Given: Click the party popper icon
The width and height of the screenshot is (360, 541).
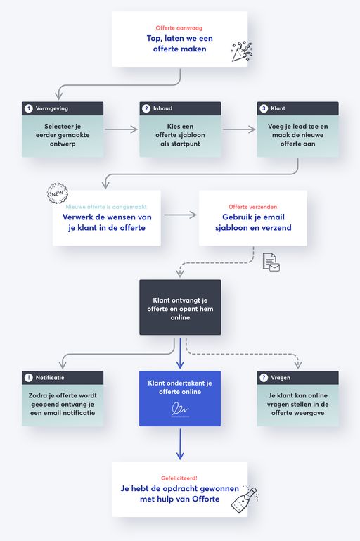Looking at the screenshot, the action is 241,52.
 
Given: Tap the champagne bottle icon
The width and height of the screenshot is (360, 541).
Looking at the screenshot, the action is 245,499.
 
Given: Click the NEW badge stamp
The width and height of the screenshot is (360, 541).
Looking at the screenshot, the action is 57,193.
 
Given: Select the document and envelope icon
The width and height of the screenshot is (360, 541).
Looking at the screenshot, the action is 271,262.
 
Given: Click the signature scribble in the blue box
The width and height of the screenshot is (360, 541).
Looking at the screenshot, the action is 180,408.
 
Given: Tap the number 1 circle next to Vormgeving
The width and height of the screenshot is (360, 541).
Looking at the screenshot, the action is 29,108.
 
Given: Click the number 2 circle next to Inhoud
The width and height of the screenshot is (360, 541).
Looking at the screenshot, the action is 146,108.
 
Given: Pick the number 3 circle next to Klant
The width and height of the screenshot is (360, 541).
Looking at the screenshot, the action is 264,108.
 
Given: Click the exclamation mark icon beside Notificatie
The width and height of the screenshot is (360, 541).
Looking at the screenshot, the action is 29,378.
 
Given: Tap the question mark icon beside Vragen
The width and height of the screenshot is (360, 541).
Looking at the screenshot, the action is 264,378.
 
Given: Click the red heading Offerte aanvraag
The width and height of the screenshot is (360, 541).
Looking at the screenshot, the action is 179,28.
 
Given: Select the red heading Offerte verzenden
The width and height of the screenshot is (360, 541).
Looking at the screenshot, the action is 252,207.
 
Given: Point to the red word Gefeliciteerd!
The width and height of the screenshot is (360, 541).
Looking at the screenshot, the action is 179,478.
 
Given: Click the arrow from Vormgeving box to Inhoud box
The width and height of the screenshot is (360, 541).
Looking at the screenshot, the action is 121,129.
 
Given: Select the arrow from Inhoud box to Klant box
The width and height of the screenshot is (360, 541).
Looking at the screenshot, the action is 239,129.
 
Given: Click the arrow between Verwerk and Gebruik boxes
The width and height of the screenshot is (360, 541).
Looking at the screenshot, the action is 180,215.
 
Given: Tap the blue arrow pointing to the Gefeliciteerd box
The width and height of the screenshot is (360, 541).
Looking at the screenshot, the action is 180,445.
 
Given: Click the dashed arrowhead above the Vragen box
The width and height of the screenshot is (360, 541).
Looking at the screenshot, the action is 298,364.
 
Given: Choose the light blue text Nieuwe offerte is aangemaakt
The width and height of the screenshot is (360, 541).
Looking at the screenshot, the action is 106,207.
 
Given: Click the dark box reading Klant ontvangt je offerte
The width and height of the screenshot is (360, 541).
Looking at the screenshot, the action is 180,307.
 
